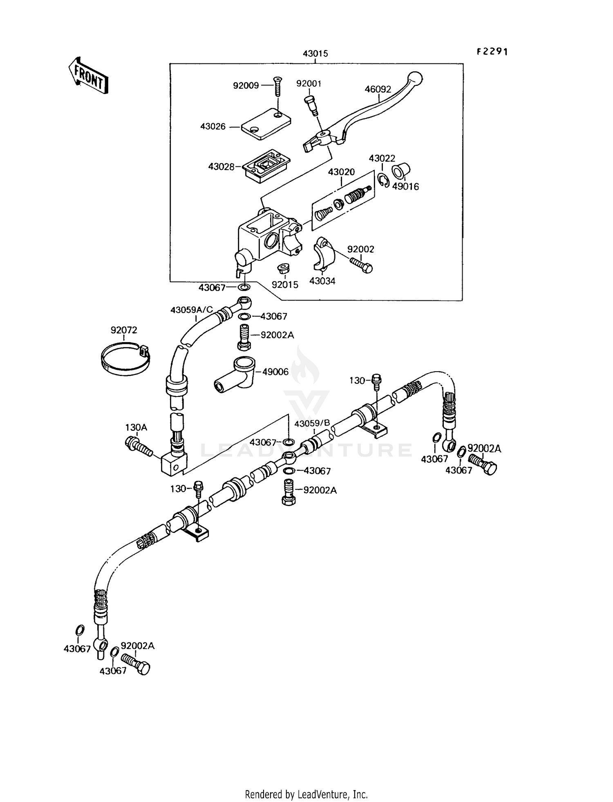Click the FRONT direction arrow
88,77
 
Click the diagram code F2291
492,52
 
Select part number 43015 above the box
315,54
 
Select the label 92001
309,84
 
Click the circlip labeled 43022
383,181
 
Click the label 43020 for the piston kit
341,172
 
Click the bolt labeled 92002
361,263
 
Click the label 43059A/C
192,310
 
